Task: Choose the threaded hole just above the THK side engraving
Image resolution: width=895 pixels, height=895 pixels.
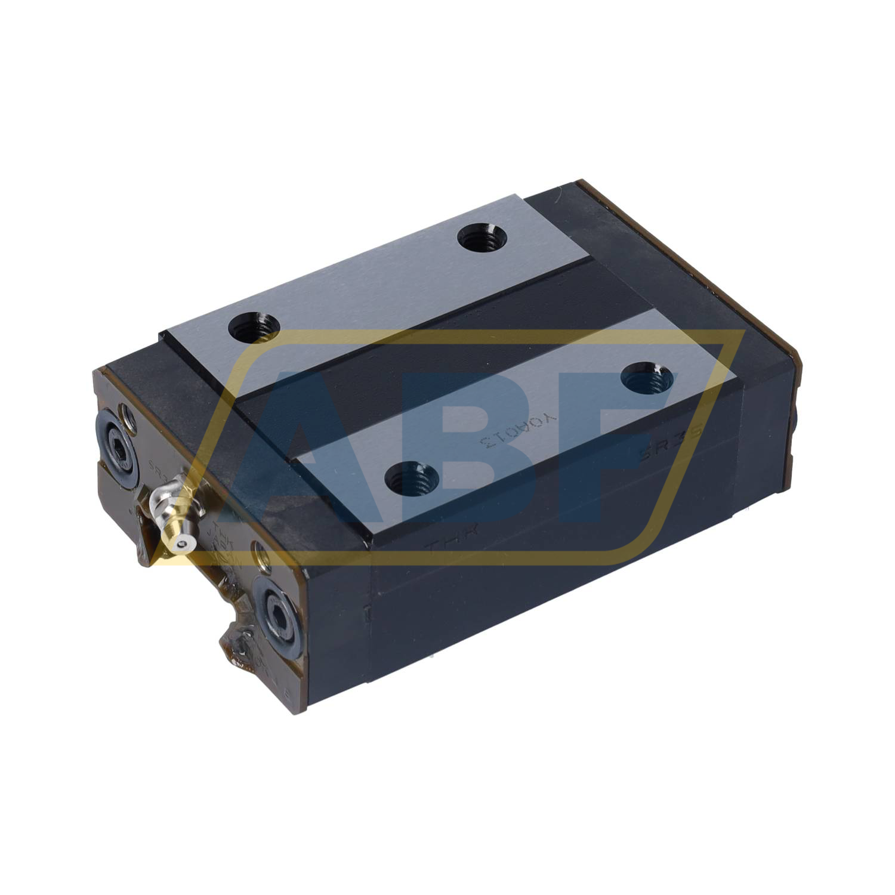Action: [412, 477]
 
